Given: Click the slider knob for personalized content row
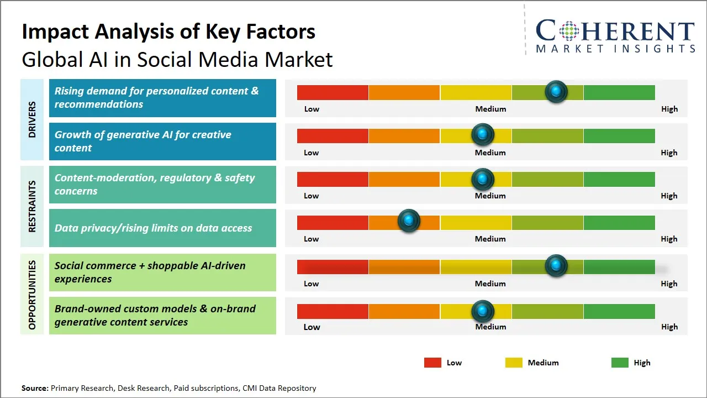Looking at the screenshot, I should [556, 91].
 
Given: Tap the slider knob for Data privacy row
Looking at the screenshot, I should [409, 221].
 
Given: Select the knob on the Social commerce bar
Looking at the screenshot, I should [556, 266].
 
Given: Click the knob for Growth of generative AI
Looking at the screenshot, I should [483, 134].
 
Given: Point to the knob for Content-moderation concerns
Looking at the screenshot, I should [483, 179].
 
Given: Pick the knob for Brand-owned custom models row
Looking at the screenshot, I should [483, 311].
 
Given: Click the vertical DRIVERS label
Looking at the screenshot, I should [32, 119].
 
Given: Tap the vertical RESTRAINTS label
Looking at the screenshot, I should [32, 206].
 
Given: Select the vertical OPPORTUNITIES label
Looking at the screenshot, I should [32, 295].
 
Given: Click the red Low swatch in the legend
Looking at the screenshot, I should [432, 363].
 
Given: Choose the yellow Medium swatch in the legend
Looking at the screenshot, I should [514, 363].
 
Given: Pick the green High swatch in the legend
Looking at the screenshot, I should [620, 363].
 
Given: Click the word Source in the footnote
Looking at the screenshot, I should [35, 388].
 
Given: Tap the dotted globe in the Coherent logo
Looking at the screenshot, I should [569, 30].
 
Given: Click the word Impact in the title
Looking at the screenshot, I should [55, 32].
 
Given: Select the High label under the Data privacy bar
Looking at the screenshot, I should [669, 239].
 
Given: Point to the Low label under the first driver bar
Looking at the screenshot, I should [312, 109].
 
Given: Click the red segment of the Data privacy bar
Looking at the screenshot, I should [333, 222].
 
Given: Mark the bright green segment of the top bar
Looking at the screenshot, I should [619, 92].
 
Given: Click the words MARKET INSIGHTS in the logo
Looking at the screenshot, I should [615, 49].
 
